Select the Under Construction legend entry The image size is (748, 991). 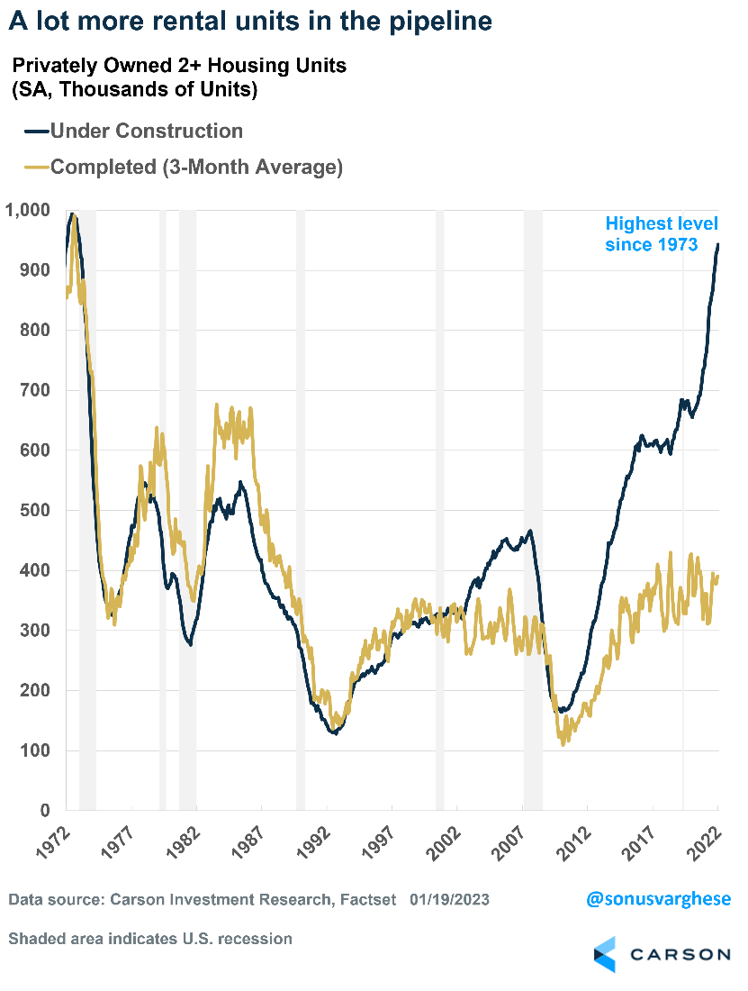(146, 131)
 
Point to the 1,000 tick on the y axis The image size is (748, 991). (29, 210)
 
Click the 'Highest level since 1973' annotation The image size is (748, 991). (661, 233)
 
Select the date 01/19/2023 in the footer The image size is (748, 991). (449, 900)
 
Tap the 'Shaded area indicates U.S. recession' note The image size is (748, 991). (150, 939)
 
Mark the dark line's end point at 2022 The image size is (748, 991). (717, 244)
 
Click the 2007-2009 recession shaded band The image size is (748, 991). (533, 505)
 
